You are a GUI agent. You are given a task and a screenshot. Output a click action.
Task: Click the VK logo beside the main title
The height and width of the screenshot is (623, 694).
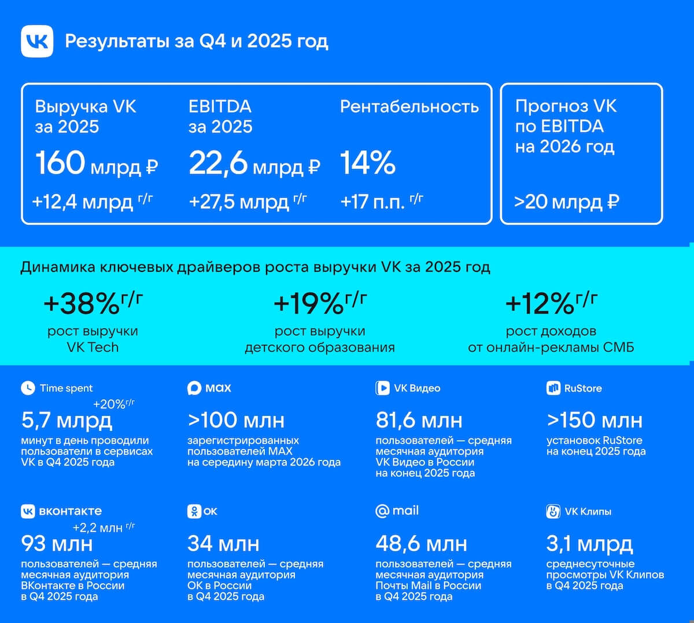pyautogui.click(x=37, y=41)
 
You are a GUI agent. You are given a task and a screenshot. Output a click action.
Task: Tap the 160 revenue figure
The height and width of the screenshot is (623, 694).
pyautogui.click(x=60, y=163)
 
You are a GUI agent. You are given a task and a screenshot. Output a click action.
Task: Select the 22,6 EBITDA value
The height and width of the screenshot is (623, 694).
pyautogui.click(x=218, y=164)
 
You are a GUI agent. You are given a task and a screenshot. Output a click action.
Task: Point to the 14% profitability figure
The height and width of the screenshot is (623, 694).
pyautogui.click(x=368, y=163)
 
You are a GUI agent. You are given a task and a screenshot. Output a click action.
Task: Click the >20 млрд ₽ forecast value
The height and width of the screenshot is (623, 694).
pyautogui.click(x=567, y=202)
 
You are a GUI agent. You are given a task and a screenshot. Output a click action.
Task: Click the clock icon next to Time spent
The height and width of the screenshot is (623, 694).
pyautogui.click(x=28, y=388)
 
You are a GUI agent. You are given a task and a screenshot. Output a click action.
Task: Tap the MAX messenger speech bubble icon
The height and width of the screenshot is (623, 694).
pyautogui.click(x=194, y=388)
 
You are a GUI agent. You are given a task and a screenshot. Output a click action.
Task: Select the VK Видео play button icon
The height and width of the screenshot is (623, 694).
pyautogui.click(x=382, y=388)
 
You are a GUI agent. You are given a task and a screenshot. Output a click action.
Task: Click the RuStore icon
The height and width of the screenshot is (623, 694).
pyautogui.click(x=553, y=388)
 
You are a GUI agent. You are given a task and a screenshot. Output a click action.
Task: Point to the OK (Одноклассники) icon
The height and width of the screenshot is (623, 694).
pyautogui.click(x=194, y=511)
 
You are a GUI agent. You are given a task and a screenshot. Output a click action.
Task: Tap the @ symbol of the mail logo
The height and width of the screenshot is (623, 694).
pyautogui.click(x=382, y=511)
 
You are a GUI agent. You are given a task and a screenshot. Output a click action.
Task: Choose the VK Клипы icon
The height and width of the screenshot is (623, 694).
pyautogui.click(x=553, y=511)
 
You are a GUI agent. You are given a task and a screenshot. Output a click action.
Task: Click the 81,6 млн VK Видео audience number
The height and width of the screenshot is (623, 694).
pyautogui.click(x=419, y=421)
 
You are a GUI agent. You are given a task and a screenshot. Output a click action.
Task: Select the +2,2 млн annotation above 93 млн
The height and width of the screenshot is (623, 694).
pyautogui.click(x=104, y=528)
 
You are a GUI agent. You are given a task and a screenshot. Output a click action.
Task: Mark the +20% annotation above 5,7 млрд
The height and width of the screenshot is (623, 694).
pyautogui.click(x=114, y=404)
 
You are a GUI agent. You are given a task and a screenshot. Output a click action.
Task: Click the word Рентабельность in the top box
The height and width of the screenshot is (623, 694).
pyautogui.click(x=409, y=106)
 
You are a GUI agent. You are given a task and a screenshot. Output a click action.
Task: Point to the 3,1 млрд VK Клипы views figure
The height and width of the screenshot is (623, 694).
pyautogui.click(x=589, y=544)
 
